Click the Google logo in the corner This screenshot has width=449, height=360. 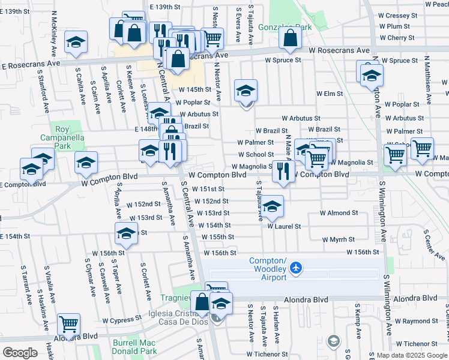[x=20, y=353]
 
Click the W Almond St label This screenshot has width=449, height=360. [x=339, y=213]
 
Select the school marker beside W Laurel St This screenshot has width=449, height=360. [x=273, y=207]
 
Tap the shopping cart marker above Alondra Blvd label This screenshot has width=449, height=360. [x=69, y=325]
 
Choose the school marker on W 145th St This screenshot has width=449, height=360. [x=246, y=91]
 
